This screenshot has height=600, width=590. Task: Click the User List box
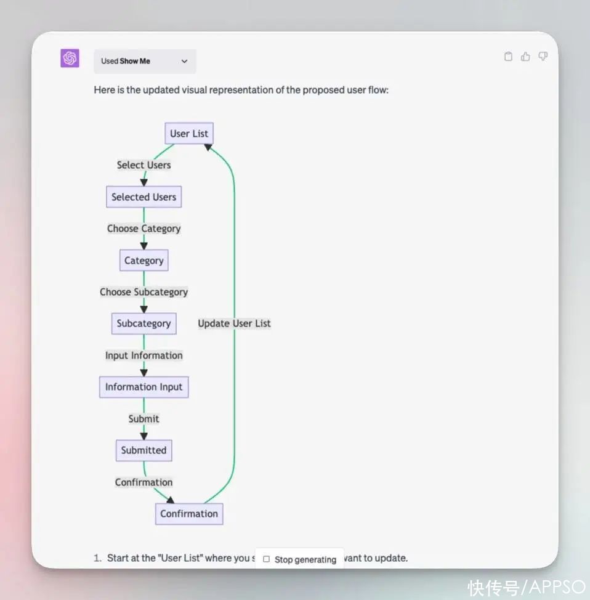(189, 133)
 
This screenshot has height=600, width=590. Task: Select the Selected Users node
(144, 197)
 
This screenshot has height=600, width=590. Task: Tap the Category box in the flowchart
(144, 260)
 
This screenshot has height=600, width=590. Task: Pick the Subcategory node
(144, 323)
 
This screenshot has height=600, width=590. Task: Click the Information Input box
(144, 387)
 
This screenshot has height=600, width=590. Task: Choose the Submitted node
(144, 450)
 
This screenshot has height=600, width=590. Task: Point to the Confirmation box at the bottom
(189, 514)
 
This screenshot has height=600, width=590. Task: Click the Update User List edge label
(234, 323)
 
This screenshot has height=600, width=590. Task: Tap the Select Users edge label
(144, 165)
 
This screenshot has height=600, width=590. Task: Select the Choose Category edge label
(144, 229)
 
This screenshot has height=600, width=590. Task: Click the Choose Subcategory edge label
(144, 292)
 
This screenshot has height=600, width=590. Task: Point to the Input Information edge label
(144, 355)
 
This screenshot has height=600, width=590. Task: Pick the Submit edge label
(144, 419)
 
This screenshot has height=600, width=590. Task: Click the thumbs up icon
(525, 57)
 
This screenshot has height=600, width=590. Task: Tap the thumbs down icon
(543, 57)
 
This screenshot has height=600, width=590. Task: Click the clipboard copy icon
(508, 57)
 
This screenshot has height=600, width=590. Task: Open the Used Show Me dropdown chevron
(184, 61)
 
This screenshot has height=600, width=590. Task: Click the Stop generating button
(299, 559)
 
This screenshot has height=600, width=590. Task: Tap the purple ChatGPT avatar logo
(70, 58)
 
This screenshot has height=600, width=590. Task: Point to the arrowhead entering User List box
(208, 147)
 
